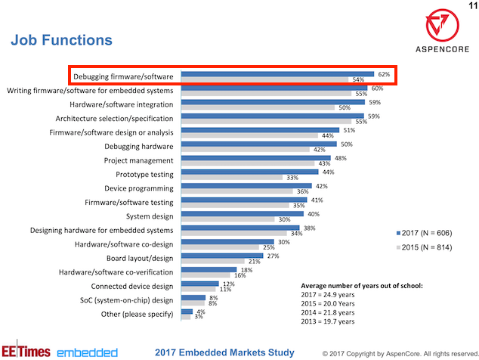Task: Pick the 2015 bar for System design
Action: [227, 219]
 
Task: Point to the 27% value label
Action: [272, 256]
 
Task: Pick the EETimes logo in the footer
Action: [24, 352]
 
